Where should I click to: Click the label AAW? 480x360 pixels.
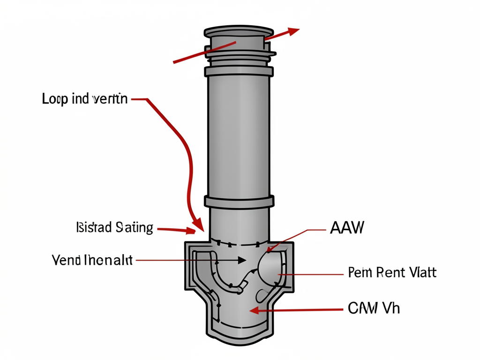pos(347,228)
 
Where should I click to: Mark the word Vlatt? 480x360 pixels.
pos(420,272)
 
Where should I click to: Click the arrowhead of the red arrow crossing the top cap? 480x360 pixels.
pos(294,31)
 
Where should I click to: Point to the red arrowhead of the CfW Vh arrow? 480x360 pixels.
pos(253,310)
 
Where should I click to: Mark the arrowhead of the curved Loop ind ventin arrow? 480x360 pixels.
pos(198,225)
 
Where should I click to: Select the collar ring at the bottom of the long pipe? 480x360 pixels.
pos(239,202)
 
